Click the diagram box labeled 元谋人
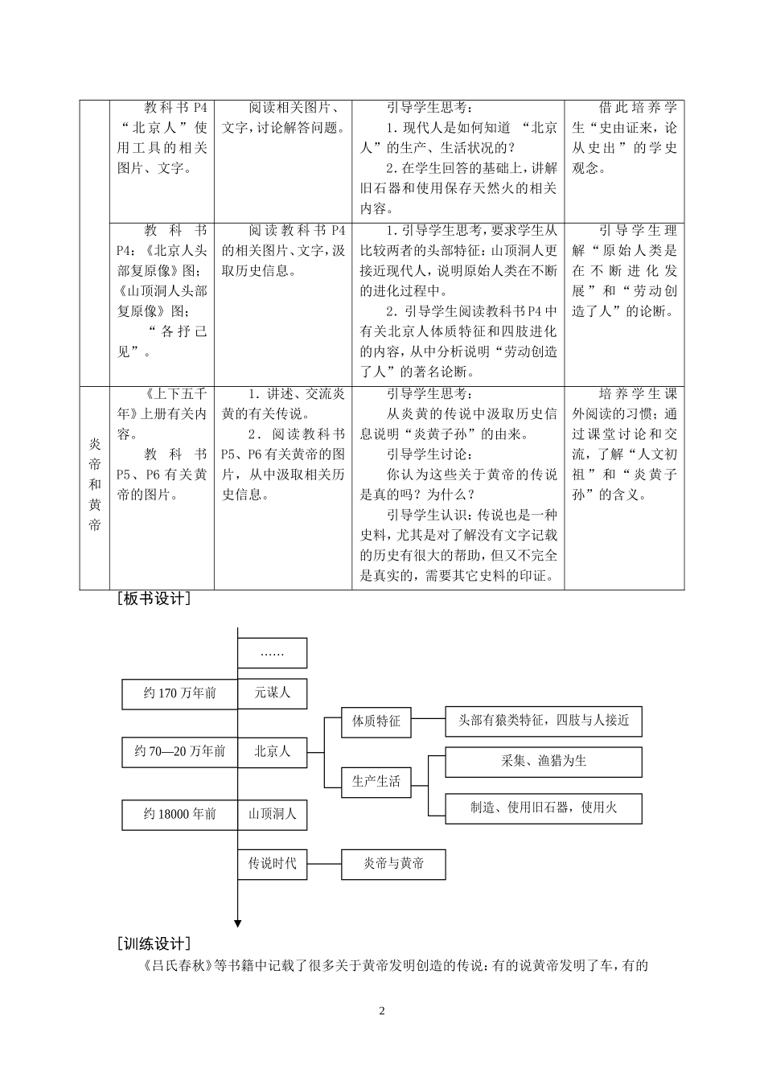point(273,693)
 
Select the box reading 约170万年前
point(179,693)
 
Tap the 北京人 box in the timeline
point(273,751)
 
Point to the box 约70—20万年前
point(179,751)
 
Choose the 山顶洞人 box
point(273,814)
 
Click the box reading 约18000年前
point(179,814)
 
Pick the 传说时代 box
point(273,864)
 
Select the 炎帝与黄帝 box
point(393,864)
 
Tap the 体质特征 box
point(376,721)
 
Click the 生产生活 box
point(376,781)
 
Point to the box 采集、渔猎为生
point(544,762)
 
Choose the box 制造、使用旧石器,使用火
point(544,808)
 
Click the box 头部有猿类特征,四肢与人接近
point(544,721)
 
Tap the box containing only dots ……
point(273,653)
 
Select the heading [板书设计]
point(154,599)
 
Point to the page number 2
point(382,1011)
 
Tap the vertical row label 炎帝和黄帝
point(95,484)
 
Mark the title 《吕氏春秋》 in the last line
point(178,966)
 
